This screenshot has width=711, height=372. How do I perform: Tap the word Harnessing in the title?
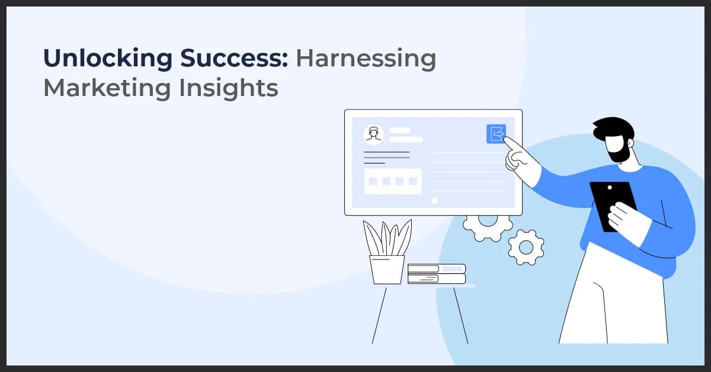[366, 59]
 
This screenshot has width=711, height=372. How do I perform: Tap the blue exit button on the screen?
[496, 134]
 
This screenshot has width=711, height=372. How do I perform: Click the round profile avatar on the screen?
[373, 134]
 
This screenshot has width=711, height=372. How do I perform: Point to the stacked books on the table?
[437, 274]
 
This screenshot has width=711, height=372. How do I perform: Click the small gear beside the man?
[526, 246]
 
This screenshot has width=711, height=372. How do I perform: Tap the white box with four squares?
[393, 181]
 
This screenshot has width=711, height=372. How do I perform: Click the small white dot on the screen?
[434, 200]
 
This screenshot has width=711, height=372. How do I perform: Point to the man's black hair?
[613, 128]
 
